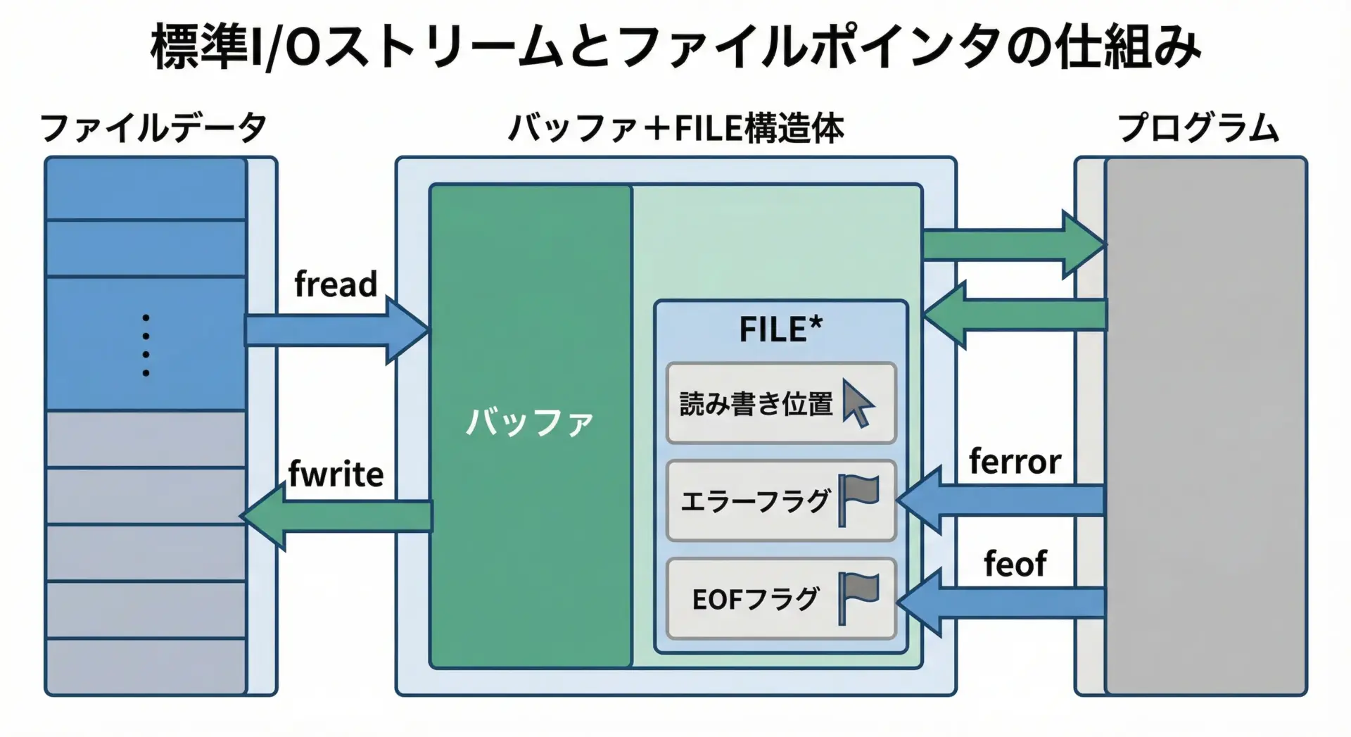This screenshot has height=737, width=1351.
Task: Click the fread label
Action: click(336, 284)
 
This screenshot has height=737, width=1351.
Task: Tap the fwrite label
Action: click(336, 474)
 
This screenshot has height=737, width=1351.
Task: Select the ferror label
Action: click(1015, 462)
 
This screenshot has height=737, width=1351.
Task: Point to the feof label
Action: click(1015, 564)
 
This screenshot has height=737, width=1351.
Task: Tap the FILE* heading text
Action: click(780, 329)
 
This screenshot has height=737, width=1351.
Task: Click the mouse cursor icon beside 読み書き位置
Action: click(858, 404)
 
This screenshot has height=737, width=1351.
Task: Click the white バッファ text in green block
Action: click(530, 422)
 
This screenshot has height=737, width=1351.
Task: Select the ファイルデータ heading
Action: click(153, 128)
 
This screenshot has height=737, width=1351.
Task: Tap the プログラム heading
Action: click(1198, 128)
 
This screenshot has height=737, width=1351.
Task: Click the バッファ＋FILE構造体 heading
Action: click(676, 128)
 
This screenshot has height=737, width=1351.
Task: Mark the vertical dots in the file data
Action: click(146, 345)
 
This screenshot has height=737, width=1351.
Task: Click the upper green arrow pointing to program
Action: click(1013, 244)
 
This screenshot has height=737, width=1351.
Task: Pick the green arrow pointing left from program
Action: click(1013, 315)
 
